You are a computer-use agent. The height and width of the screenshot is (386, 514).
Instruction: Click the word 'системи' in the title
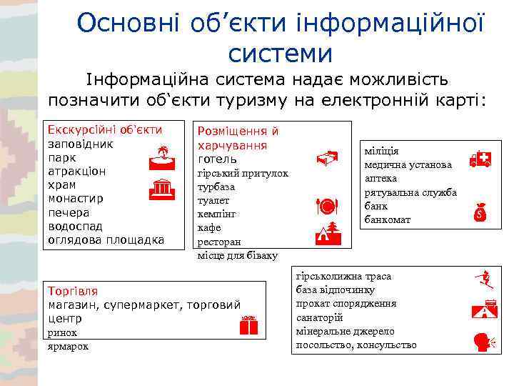tap(281, 54)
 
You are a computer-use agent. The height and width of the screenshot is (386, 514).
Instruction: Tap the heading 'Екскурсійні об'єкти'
tap(104, 129)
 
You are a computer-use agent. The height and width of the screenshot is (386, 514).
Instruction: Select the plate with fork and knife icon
tap(326, 207)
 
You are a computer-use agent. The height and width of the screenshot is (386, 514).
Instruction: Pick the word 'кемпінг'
tap(217, 214)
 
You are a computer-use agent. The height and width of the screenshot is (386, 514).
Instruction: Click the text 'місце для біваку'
tap(238, 255)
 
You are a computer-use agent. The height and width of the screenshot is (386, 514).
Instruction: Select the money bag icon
tap(480, 212)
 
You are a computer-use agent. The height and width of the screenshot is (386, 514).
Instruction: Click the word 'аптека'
tap(381, 179)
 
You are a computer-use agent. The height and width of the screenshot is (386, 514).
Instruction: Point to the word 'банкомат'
tap(388, 219)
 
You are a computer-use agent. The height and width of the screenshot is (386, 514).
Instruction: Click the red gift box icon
tap(248, 325)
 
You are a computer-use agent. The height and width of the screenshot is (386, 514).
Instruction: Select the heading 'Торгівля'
tap(72, 292)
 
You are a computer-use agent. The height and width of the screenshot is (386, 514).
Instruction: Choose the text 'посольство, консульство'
tap(356, 345)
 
